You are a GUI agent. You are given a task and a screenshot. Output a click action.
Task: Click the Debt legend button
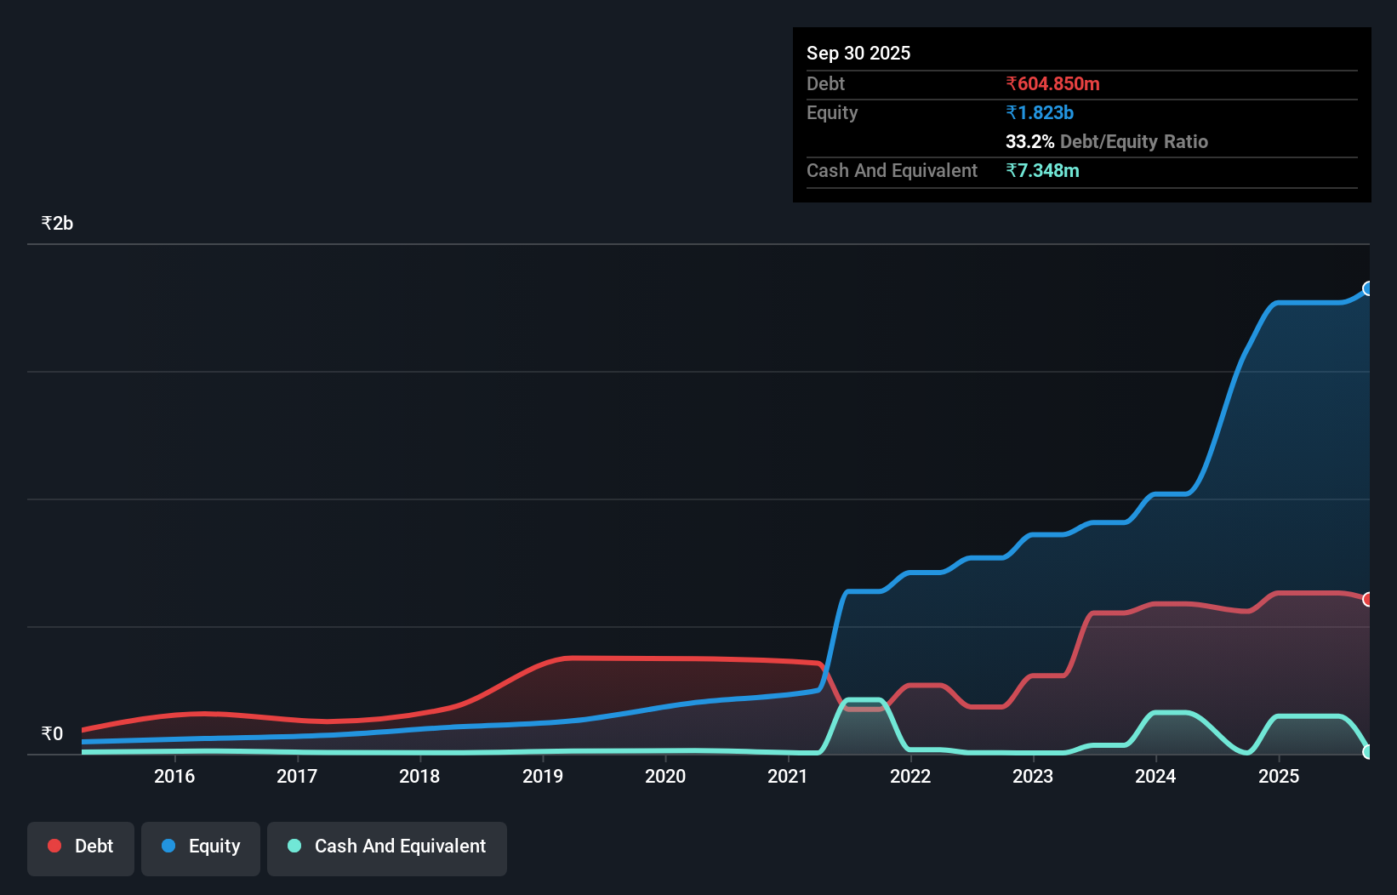pyautogui.click(x=81, y=847)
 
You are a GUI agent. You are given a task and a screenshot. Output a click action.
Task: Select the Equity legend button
pyautogui.click(x=201, y=847)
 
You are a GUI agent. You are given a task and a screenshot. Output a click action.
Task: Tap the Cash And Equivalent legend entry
pyautogui.click(x=387, y=847)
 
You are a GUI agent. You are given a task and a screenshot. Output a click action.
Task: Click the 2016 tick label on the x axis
pyautogui.click(x=174, y=776)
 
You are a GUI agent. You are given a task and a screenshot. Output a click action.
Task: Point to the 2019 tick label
pyautogui.click(x=543, y=776)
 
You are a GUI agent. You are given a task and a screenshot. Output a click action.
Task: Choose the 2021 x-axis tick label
pyautogui.click(x=788, y=776)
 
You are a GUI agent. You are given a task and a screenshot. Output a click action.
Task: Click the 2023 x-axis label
pyautogui.click(x=1033, y=776)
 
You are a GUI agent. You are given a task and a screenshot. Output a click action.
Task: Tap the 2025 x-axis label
pyautogui.click(x=1279, y=776)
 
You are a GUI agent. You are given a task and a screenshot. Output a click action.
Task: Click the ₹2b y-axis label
pyautogui.click(x=57, y=224)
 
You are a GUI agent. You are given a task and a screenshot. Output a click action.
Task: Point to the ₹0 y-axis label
pyautogui.click(x=52, y=734)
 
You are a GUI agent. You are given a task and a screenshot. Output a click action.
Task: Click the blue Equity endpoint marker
pyautogui.click(x=1368, y=288)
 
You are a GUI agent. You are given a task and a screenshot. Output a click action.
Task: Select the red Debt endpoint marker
pyautogui.click(x=1368, y=600)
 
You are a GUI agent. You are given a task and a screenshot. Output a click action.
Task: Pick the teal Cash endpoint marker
pyautogui.click(x=1368, y=752)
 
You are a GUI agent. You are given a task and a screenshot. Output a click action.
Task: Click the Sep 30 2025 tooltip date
pyautogui.click(x=858, y=54)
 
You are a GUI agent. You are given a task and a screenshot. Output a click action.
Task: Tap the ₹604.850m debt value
pyautogui.click(x=1052, y=84)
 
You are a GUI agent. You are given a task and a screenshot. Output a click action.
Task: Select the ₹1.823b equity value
pyautogui.click(x=1040, y=113)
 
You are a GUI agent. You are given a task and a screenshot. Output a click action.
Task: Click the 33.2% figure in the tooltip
pyautogui.click(x=1029, y=142)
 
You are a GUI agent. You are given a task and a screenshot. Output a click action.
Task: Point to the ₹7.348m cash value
pyautogui.click(x=1042, y=171)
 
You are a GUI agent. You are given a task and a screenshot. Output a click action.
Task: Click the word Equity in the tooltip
pyautogui.click(x=832, y=113)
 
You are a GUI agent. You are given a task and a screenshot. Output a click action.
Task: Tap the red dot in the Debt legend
pyautogui.click(x=54, y=846)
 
